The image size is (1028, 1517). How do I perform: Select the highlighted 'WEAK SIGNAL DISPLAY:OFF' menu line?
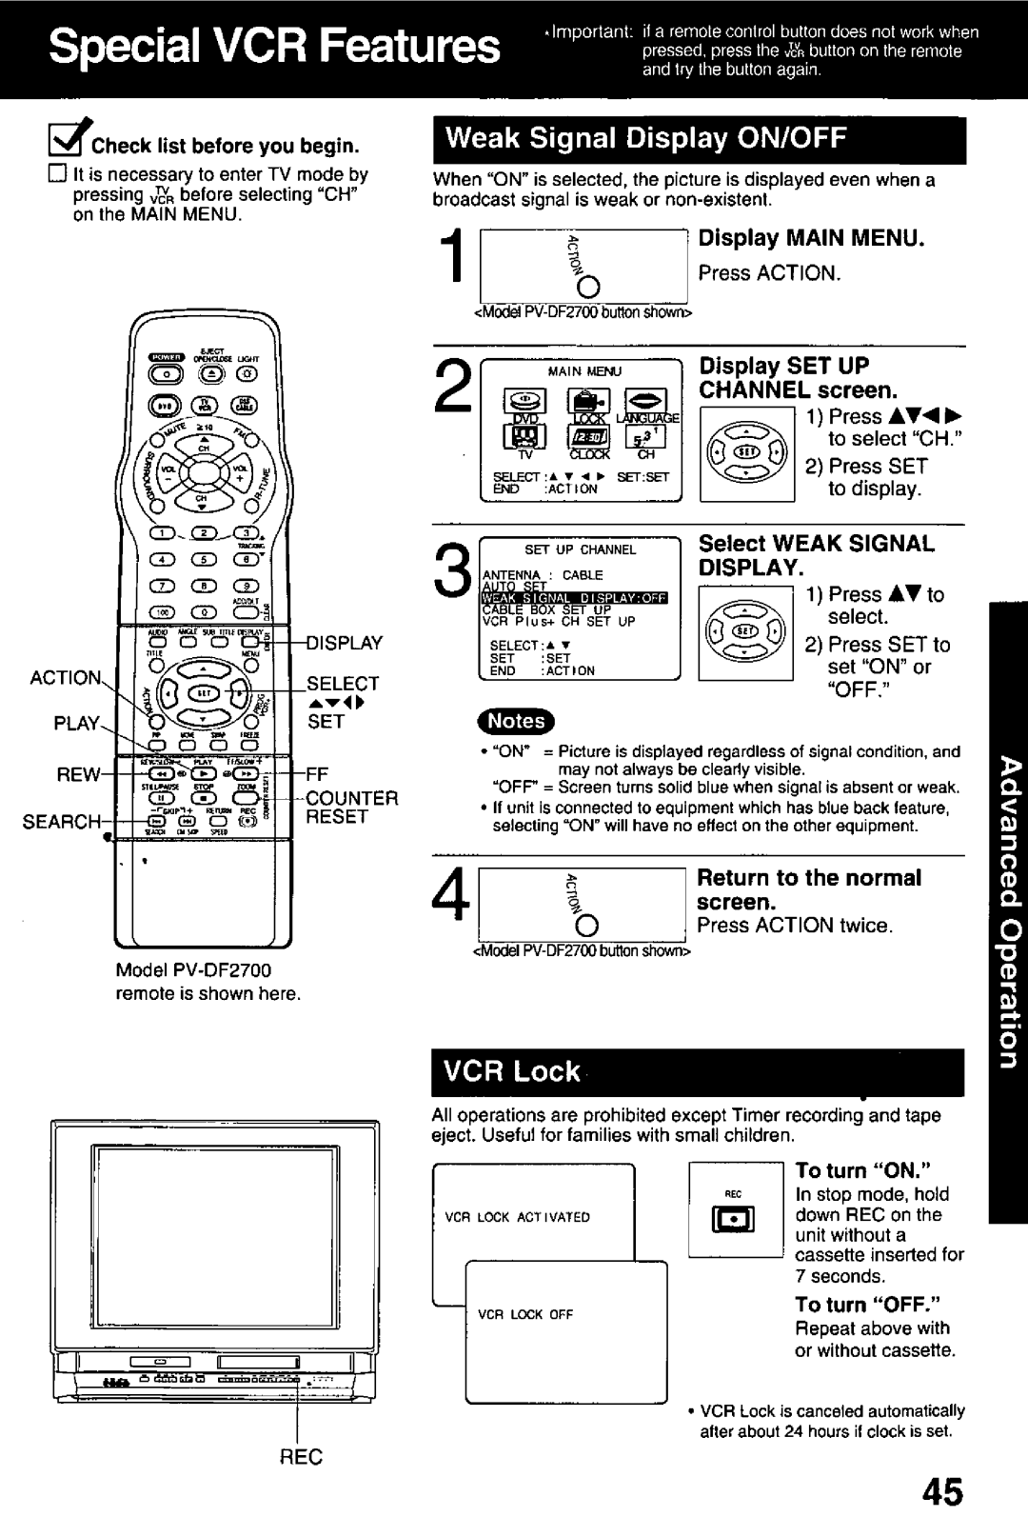tap(576, 597)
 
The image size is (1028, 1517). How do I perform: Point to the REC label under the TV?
tap(301, 1456)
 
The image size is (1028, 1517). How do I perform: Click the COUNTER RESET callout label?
tap(350, 807)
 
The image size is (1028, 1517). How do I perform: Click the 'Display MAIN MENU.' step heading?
tap(812, 238)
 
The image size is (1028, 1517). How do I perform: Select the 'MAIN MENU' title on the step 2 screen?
tap(584, 371)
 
